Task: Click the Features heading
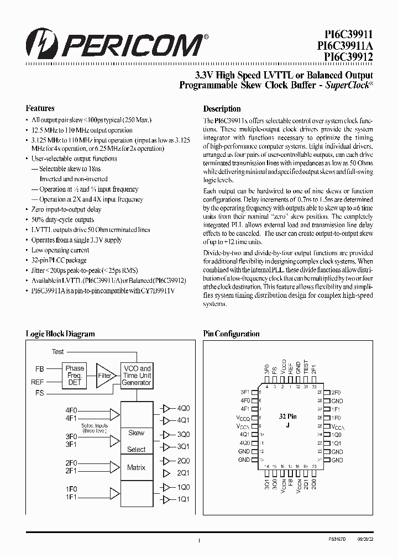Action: coord(40,108)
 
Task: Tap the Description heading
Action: coord(222,109)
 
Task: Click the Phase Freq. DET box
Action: coord(75,376)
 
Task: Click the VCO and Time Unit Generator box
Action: coord(137,376)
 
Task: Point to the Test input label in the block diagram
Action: coord(57,352)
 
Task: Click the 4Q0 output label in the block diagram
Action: coord(183,408)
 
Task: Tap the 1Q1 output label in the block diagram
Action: coord(183,499)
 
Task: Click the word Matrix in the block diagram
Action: coord(136,467)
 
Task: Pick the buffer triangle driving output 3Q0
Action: coord(166,435)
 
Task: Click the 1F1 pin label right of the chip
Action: coord(336,409)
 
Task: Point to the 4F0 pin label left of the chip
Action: coord(245,400)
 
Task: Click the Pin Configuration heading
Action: coord(231,334)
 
